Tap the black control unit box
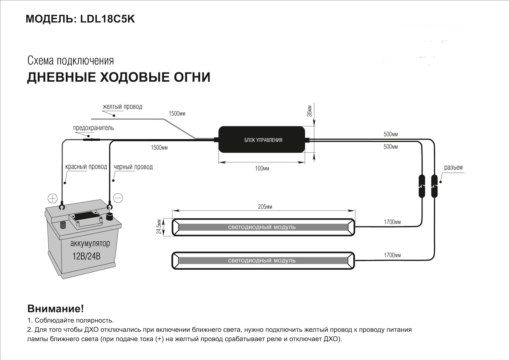coord(263,140)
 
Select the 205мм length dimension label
coord(264,207)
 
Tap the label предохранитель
coord(93,128)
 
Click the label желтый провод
coord(122,107)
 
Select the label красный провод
coord(86,167)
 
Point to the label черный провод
coord(133,167)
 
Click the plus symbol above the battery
coord(52,198)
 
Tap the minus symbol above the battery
coord(118,198)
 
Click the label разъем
coord(453,167)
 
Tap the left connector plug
coord(422,186)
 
